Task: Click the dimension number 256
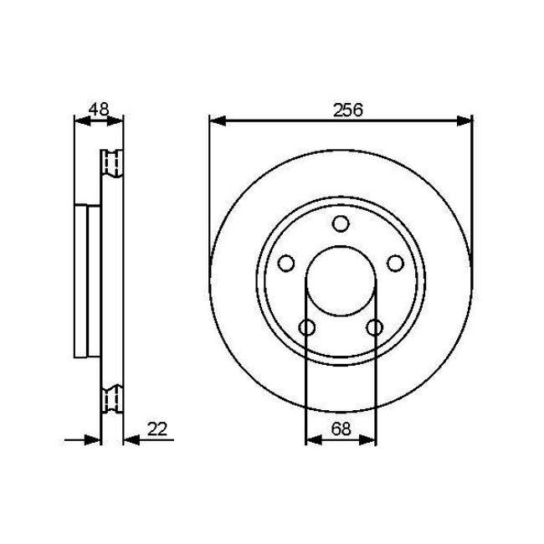coord(341,110)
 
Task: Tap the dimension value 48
coord(99,110)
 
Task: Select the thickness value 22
coord(158,429)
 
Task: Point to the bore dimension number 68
coord(341,429)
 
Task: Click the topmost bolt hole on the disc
coord(340,223)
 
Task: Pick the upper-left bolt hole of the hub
coord(286,264)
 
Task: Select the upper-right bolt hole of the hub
coord(394,264)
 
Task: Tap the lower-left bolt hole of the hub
coord(307,326)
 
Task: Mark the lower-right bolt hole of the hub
coord(374,326)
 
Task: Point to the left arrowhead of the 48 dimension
coord(82,121)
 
